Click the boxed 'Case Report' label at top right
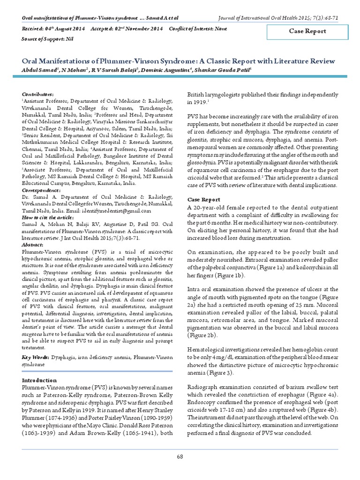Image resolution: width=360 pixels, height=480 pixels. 307,31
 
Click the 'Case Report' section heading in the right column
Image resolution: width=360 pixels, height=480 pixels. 204,199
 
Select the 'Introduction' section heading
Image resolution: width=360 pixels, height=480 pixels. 40,380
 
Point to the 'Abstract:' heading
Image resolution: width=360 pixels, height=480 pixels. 33,244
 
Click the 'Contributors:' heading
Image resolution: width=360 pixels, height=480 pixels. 37,94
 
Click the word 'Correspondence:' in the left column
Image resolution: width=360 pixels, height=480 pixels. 42,191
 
